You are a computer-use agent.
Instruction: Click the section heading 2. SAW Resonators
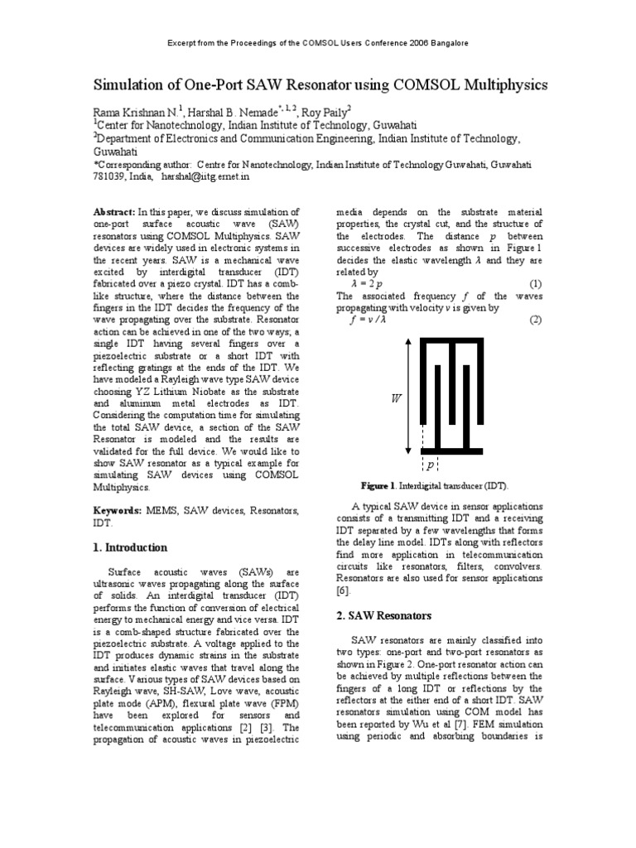[384, 615]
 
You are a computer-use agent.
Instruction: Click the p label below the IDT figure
[431, 466]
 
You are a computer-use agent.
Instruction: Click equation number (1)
[534, 283]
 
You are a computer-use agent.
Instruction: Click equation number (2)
[534, 319]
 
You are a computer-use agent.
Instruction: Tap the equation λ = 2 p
[369, 283]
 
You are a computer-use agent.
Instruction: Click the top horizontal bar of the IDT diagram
[452, 339]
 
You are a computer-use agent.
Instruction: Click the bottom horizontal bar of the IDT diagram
[452, 451]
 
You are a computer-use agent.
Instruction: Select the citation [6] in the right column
[344, 590]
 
